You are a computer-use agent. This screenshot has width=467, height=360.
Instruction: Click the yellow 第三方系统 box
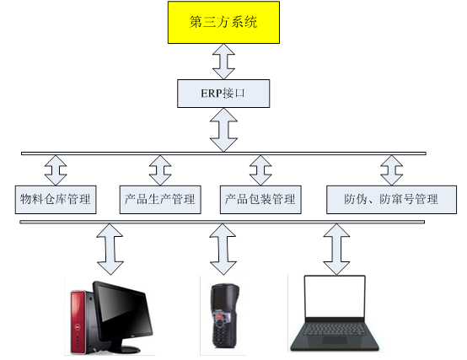pos(223,22)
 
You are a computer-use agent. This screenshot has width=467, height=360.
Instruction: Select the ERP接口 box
pos(223,94)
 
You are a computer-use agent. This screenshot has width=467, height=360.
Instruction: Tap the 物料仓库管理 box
pos(56,200)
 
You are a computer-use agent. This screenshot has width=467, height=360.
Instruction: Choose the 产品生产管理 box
pos(160,200)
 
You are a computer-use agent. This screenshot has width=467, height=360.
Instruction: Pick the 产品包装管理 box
pos(260,200)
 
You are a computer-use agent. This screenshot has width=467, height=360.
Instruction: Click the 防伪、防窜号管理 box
pos(391,200)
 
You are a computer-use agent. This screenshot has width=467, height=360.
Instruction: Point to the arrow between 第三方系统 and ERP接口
pos(223,62)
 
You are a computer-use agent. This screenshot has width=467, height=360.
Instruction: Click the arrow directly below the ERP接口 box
pos(223,130)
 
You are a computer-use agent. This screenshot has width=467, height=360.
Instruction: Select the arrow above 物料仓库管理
pos(56,170)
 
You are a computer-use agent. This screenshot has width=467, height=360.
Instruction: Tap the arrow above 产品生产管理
pos(160,170)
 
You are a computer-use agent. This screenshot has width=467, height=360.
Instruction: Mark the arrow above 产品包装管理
pos(260,170)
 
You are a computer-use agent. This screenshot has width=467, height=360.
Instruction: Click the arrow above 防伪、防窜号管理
pos(392,170)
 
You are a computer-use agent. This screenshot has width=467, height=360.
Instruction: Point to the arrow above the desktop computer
pos(110,250)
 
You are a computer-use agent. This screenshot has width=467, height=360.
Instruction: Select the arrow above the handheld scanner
pos(223,250)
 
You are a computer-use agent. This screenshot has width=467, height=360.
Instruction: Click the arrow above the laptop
pos(336,250)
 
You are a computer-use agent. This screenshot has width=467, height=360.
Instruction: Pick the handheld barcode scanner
pos(225,316)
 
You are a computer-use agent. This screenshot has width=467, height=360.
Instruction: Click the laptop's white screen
pos(335,297)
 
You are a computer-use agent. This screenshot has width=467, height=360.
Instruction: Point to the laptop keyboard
pos(335,329)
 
